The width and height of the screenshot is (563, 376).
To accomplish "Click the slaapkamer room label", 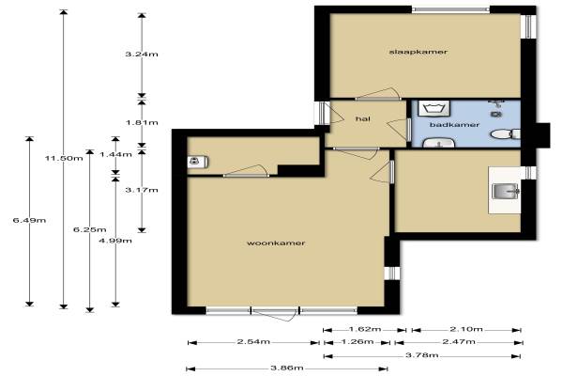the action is [x=418, y=52].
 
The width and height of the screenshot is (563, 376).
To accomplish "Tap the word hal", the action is [x=362, y=118].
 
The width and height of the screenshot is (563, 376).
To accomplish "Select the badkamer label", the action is [x=454, y=125].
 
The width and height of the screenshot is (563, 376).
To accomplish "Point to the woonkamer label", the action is [x=276, y=243].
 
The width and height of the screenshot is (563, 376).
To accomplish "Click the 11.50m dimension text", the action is [x=64, y=158].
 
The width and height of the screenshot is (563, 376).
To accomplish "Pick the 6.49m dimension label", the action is [x=29, y=220].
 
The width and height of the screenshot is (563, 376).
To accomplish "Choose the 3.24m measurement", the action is [x=142, y=55].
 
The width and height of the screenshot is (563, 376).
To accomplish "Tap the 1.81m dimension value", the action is [x=142, y=123].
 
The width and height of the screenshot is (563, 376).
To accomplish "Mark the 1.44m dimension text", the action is [x=115, y=155].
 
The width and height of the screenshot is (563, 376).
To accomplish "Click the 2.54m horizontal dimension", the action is [x=253, y=342].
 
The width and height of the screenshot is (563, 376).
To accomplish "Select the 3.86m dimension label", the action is [x=287, y=368].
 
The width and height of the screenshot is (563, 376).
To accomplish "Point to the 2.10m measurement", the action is [x=466, y=329].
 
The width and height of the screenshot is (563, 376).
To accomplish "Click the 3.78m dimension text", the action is [x=422, y=355].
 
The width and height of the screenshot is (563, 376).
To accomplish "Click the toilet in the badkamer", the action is [x=506, y=134].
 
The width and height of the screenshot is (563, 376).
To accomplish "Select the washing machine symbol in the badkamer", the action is [x=434, y=108].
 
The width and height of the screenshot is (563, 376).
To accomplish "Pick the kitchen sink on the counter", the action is [x=506, y=192].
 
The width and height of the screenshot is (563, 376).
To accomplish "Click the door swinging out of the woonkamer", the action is [x=275, y=315].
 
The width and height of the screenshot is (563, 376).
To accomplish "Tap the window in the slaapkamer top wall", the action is [x=450, y=9].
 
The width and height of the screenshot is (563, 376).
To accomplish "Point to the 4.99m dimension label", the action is [x=115, y=241].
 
